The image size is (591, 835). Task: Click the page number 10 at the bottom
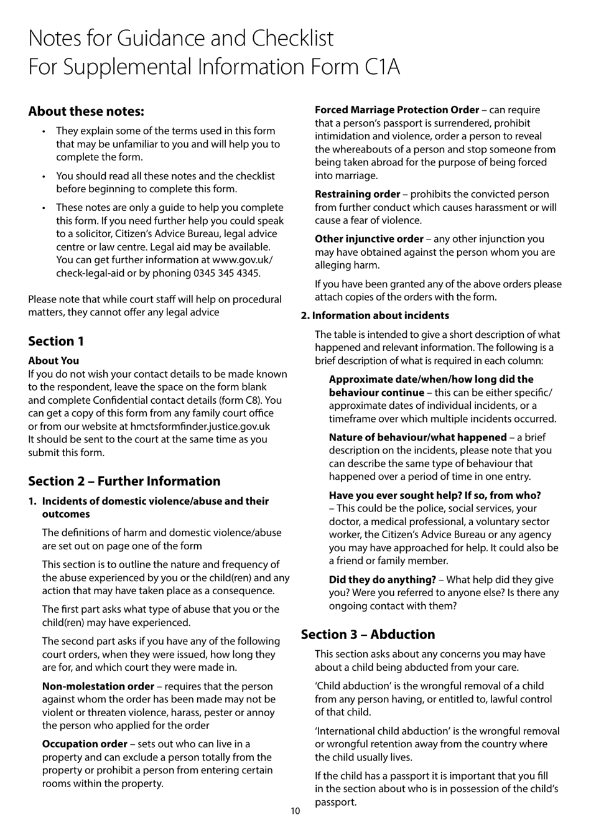pyautogui.click(x=295, y=811)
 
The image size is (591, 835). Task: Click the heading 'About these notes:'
pyautogui.click(x=86, y=111)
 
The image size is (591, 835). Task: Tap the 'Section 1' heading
pyautogui.click(x=56, y=341)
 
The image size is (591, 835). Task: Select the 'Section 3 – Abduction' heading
pyautogui.click(x=368, y=634)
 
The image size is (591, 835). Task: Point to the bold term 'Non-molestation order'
pyautogui.click(x=98, y=686)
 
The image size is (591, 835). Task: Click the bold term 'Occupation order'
pyautogui.click(x=85, y=744)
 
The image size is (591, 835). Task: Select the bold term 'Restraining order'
pyautogui.click(x=357, y=194)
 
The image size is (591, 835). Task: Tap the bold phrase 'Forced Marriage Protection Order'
pyautogui.click(x=396, y=110)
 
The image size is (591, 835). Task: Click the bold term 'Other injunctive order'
pyautogui.click(x=369, y=239)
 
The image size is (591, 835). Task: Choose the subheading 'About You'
pyautogui.click(x=54, y=360)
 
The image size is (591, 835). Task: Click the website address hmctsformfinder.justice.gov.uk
pyautogui.click(x=200, y=426)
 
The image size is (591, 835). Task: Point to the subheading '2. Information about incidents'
pyautogui.click(x=375, y=315)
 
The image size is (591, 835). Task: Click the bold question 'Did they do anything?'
pyautogui.click(x=382, y=579)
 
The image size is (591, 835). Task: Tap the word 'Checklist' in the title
pyautogui.click(x=292, y=39)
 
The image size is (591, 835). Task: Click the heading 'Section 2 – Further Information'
pyautogui.click(x=124, y=481)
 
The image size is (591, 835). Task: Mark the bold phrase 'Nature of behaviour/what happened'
pyautogui.click(x=417, y=437)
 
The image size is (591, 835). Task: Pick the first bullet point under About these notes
pyautogui.click(x=44, y=131)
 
